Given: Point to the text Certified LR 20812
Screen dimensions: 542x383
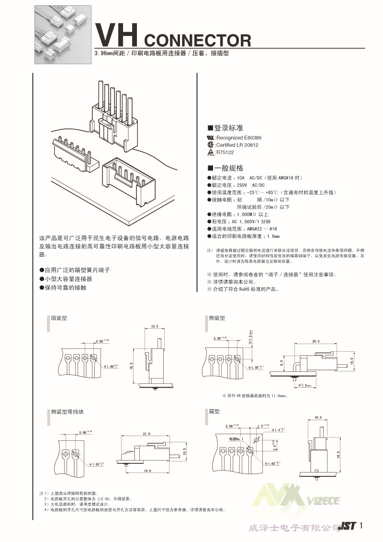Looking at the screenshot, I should click(x=237, y=145).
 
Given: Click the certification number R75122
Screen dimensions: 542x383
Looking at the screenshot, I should click(x=225, y=152).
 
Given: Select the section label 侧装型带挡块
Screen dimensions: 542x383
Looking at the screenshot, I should click(x=67, y=412).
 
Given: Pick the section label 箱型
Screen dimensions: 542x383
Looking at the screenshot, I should click(x=214, y=412).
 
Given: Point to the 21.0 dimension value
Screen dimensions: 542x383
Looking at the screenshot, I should click(x=146, y=433).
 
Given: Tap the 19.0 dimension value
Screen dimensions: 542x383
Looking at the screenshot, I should click(x=147, y=472).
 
